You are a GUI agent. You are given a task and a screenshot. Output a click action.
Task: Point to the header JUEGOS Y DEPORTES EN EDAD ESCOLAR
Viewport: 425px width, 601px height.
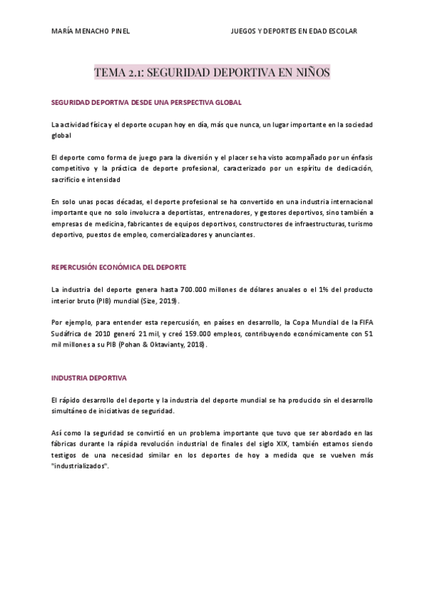point(294,31)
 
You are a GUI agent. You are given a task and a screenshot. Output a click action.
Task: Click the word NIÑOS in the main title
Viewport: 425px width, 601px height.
point(310,72)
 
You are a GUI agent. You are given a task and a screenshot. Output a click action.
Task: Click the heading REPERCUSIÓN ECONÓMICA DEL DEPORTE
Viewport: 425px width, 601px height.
point(118,267)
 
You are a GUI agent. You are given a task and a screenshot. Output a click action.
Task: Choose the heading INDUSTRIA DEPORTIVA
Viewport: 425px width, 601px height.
point(89,378)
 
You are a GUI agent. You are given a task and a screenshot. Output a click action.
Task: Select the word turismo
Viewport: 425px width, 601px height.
point(359,224)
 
